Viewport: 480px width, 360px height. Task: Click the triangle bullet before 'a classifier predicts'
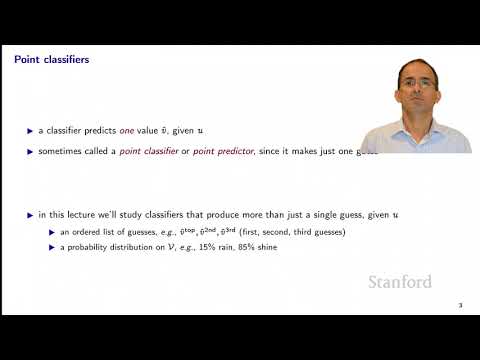pos(29,130)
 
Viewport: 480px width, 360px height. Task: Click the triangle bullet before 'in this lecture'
pos(29,216)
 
